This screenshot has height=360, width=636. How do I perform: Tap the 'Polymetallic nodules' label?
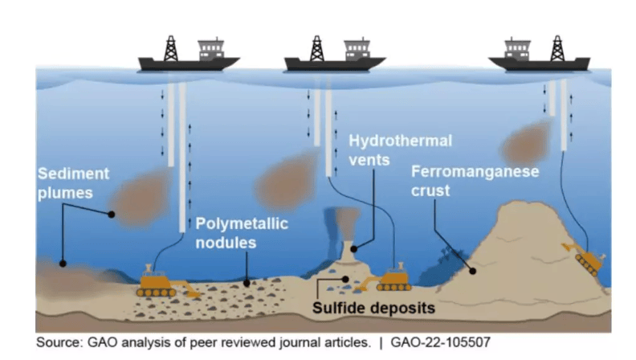coord(242,232)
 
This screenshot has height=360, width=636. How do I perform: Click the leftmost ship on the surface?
coord(188,58)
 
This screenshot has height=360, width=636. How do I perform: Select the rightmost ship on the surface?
coord(538,58)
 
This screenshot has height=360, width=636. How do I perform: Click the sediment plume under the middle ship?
coord(287,181)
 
